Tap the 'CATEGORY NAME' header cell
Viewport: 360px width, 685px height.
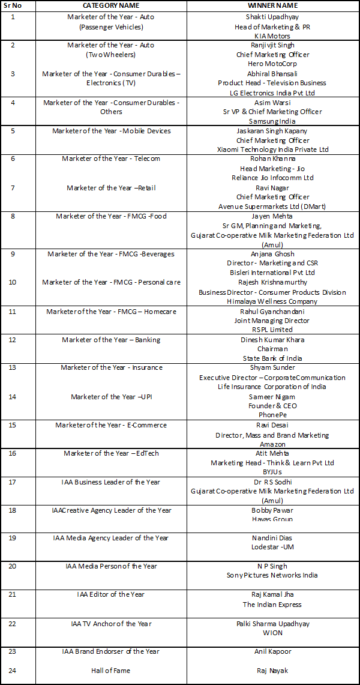[x=111, y=5]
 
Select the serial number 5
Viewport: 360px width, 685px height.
[x=13, y=131]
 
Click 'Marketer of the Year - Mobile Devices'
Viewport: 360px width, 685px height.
[x=111, y=131]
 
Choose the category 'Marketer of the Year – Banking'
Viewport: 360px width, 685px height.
[x=111, y=340]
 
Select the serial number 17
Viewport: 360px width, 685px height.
[x=13, y=482]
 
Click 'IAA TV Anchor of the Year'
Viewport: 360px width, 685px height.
[x=111, y=624]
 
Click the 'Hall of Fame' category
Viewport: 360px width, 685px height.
[x=111, y=671]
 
